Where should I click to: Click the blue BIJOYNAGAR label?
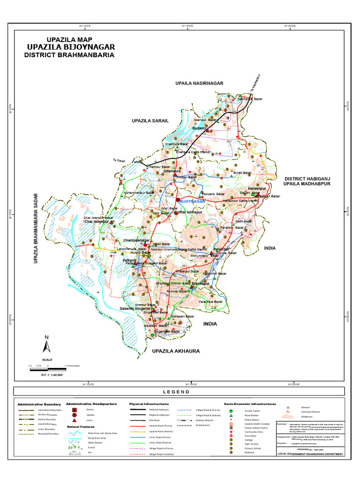click(193, 201)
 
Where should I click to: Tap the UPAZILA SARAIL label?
click(150, 121)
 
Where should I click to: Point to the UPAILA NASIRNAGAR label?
click(199, 83)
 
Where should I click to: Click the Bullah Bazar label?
click(242, 173)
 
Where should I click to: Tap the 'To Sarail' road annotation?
click(120, 161)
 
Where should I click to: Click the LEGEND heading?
click(176, 392)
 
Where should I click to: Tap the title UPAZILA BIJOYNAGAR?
click(70, 47)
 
